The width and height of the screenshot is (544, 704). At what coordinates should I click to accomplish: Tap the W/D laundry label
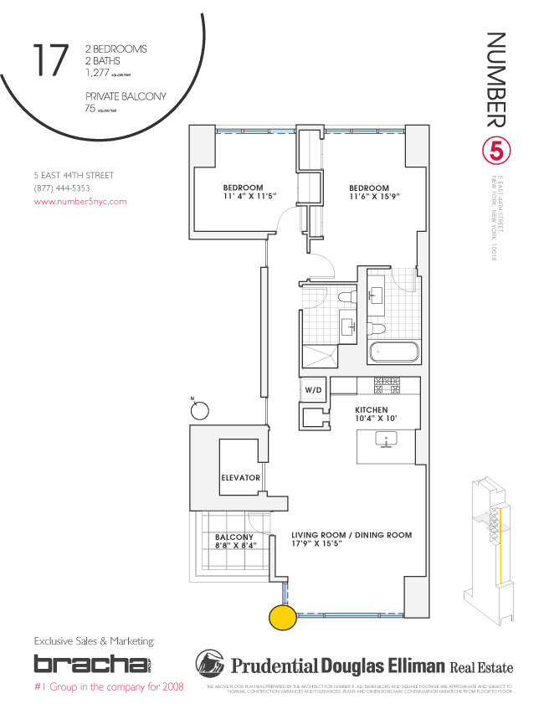[x=313, y=390]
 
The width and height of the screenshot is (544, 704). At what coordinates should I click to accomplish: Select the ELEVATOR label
[x=240, y=478]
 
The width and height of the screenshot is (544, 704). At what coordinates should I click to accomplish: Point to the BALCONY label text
[x=234, y=537]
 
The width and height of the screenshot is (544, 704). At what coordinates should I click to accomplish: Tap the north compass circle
[x=200, y=409]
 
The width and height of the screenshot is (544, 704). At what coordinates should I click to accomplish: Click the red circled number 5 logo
[x=495, y=152]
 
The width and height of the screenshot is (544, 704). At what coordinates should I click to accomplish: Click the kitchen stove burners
[x=387, y=386]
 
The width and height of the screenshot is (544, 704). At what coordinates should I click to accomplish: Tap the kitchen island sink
[x=387, y=438]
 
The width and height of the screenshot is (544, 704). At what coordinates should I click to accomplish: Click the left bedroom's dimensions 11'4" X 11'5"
[x=243, y=197]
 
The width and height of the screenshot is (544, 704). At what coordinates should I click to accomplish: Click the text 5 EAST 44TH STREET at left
[x=74, y=175]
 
